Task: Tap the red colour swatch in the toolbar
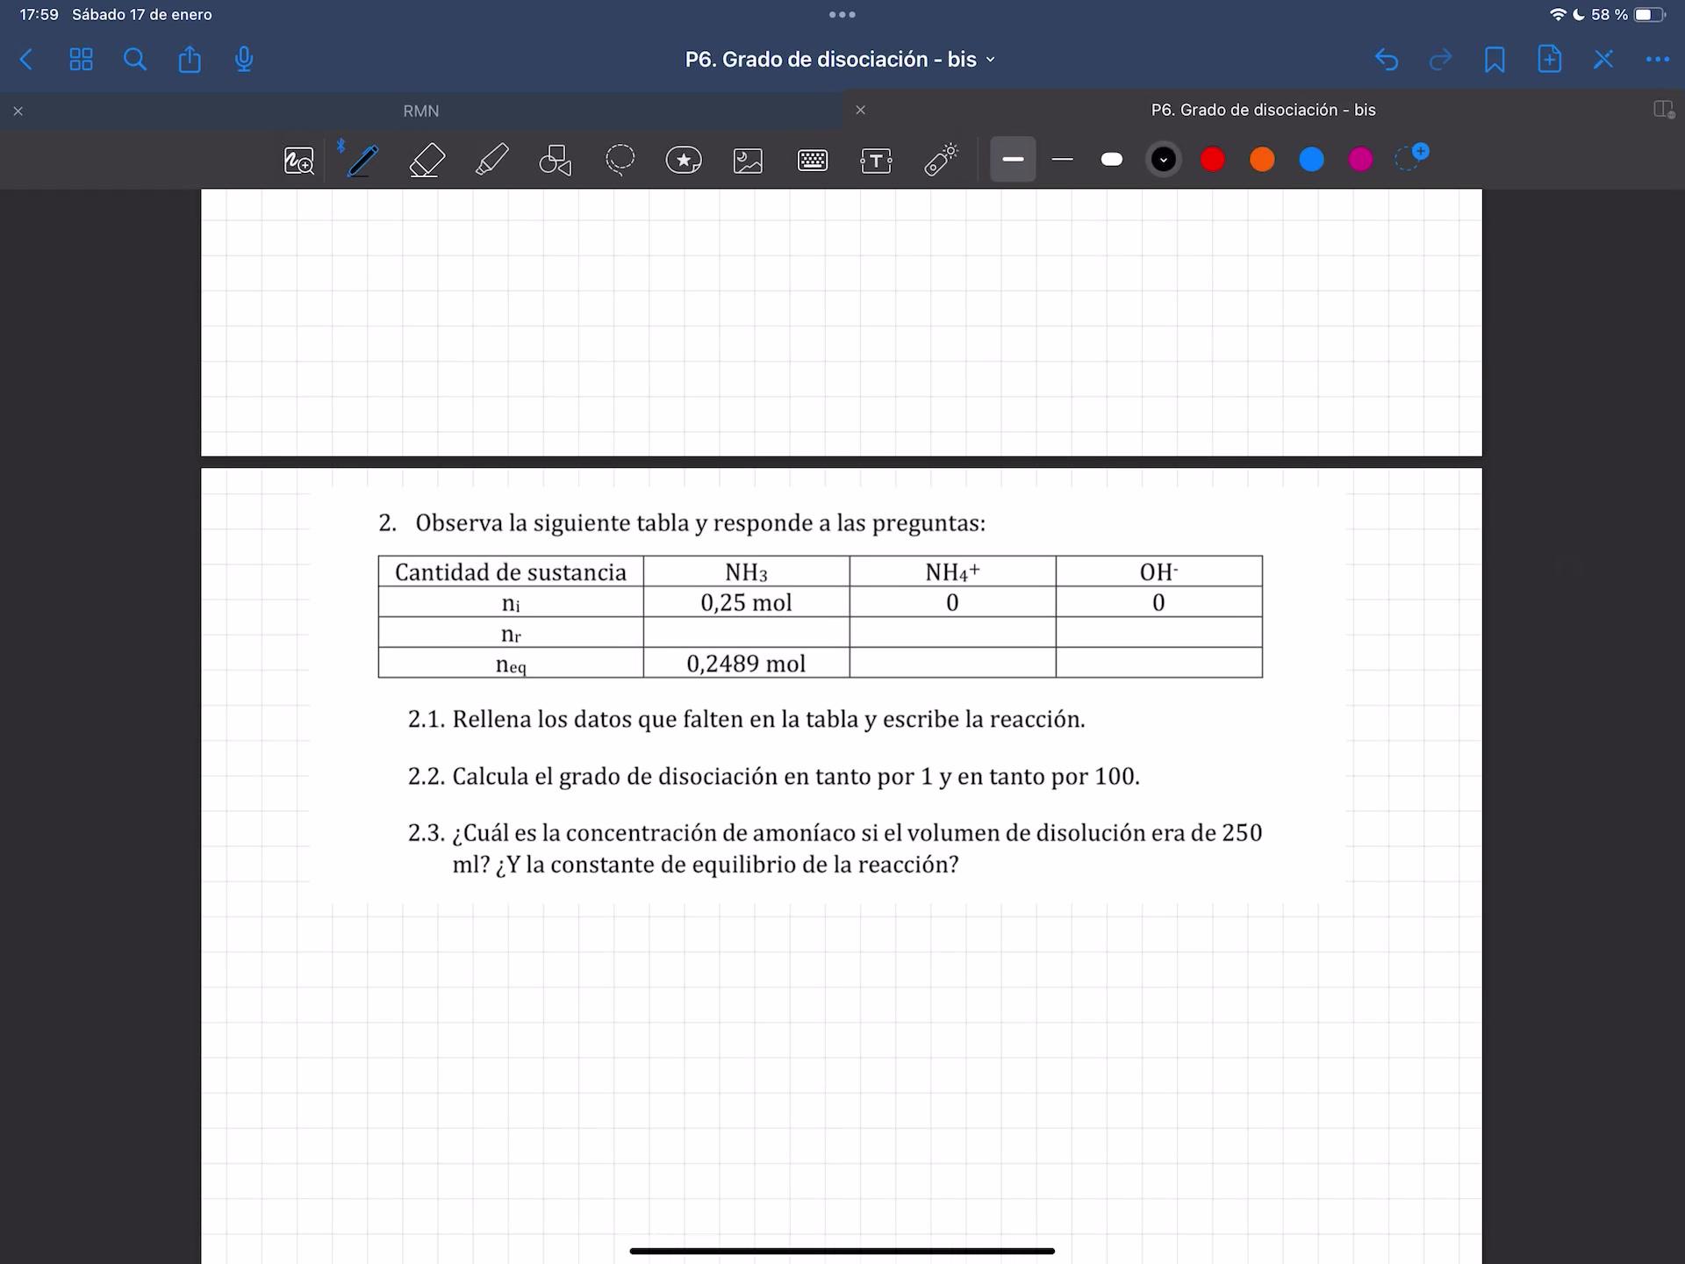point(1212,159)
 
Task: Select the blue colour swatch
point(1311,159)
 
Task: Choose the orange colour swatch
point(1262,159)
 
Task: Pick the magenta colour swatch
point(1360,159)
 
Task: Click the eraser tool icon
point(427,160)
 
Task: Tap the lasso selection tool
point(620,160)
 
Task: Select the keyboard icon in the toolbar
point(813,160)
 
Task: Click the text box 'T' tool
point(876,160)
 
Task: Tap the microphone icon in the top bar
point(244,59)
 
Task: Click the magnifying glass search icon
point(135,59)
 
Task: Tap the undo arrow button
point(1387,59)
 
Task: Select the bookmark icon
point(1495,59)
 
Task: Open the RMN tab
point(421,111)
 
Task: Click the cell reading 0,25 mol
point(746,602)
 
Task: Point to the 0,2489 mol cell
point(746,664)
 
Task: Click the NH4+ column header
point(952,572)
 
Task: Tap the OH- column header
point(1158,572)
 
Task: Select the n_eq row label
point(511,664)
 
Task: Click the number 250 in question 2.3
point(1242,832)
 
